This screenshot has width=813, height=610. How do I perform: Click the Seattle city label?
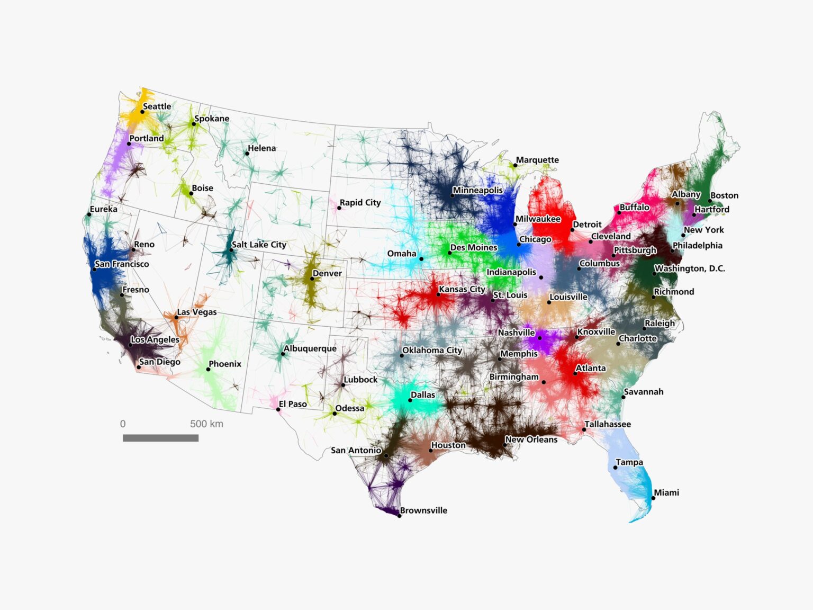(x=157, y=106)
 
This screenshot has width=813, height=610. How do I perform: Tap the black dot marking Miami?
(x=653, y=498)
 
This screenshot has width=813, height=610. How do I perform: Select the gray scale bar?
(x=160, y=438)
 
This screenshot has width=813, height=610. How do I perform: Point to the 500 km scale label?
(x=206, y=424)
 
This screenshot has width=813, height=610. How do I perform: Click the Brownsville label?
(x=423, y=510)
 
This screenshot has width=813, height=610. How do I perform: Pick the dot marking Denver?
(x=312, y=279)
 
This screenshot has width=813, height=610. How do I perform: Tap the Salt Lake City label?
(x=259, y=245)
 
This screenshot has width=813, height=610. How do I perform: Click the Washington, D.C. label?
(x=690, y=268)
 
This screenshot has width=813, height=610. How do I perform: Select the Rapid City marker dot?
(x=339, y=208)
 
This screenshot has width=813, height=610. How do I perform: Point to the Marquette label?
(x=537, y=160)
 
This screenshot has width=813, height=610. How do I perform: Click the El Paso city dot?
(x=278, y=409)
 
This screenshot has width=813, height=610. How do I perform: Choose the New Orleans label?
(x=531, y=439)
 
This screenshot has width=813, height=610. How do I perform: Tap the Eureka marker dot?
(x=89, y=214)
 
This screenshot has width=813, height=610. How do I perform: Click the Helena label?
(x=262, y=148)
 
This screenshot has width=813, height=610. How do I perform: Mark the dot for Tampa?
(x=615, y=468)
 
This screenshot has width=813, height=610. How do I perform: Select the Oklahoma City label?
(x=432, y=351)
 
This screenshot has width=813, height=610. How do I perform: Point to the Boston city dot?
(x=710, y=201)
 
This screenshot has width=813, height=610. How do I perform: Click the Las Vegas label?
(x=197, y=312)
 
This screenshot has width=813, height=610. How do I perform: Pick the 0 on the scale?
(x=123, y=424)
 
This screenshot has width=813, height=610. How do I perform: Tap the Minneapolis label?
(x=477, y=190)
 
